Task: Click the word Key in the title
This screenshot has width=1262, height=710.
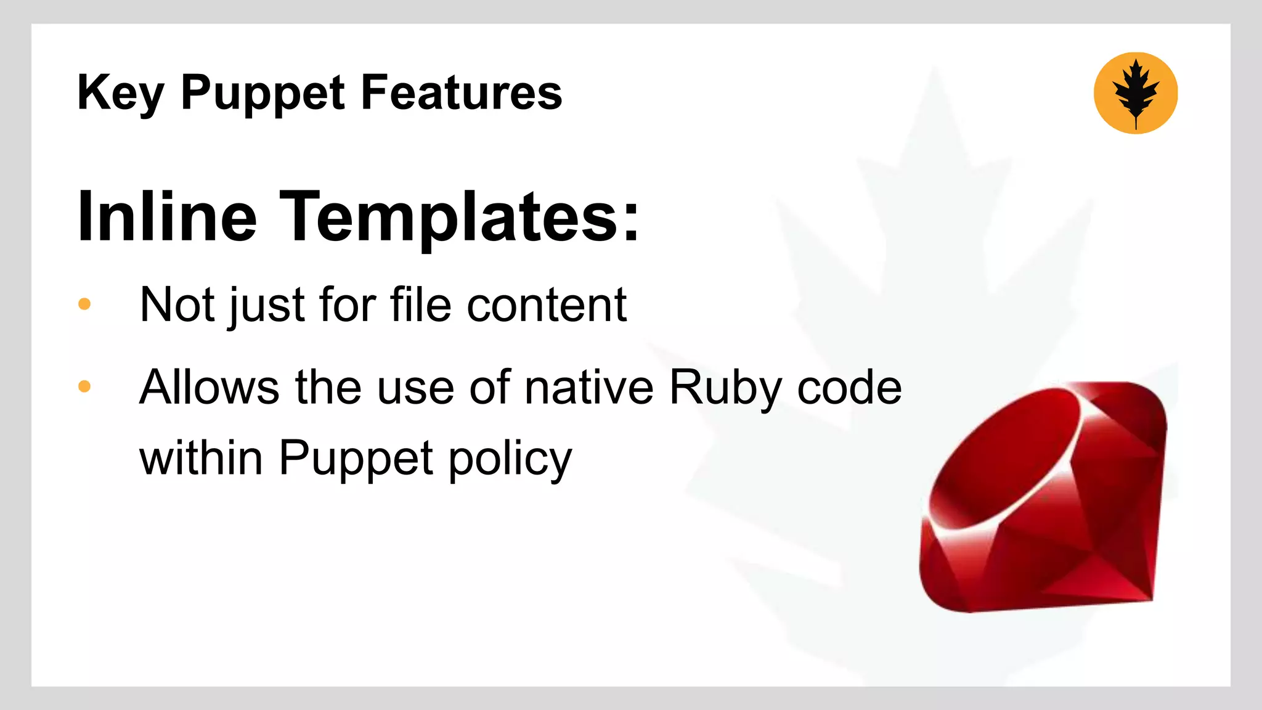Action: pos(121,93)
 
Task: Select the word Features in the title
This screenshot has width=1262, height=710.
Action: pos(462,92)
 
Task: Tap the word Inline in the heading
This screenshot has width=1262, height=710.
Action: pos(167,217)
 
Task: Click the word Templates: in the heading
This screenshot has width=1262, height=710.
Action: pos(460,217)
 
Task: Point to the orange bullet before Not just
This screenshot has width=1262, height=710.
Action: pos(85,304)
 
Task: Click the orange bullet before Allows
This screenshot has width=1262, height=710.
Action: pos(85,386)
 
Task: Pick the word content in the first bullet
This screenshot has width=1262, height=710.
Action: pos(547,304)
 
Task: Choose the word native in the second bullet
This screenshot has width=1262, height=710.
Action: pos(589,387)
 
